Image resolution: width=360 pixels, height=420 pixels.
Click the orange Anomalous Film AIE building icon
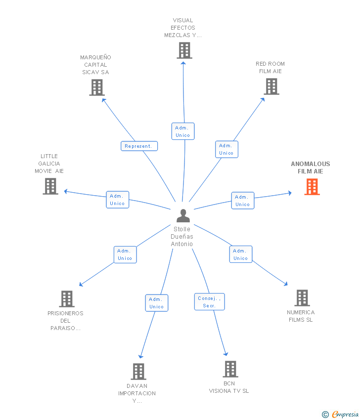pos(312,187)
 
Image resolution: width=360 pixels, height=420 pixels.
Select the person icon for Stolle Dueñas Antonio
pos(183,216)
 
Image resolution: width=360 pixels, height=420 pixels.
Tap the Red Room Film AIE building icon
pos(271,86)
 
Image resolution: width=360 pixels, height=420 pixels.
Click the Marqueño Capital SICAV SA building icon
pos(97,87)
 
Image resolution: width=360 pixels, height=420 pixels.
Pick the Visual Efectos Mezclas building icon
pos(184,50)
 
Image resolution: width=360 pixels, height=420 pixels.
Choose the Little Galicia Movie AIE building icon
pos(50,186)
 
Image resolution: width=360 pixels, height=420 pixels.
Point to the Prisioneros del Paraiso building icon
pos(67,298)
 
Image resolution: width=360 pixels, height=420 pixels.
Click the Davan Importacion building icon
pos(138,371)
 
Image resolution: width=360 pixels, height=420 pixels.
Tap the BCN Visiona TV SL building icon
pos(230,369)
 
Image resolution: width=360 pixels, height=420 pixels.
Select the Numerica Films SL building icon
pos(302,297)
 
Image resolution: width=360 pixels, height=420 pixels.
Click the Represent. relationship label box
pos(139,146)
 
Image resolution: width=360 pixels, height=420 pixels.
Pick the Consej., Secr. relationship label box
pos(209,302)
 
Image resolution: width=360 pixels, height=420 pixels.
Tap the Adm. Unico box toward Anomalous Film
pos(242,201)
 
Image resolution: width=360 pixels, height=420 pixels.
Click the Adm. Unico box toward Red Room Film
pos(226,149)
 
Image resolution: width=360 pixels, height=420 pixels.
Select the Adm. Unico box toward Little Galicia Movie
pos(117,200)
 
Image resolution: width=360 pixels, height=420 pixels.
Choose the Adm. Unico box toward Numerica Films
pos(241,254)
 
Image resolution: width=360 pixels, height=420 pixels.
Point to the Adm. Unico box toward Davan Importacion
pos(156,303)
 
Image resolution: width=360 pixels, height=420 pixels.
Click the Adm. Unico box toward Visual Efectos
pos(183,131)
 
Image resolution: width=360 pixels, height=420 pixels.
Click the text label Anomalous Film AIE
pos(311,168)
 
